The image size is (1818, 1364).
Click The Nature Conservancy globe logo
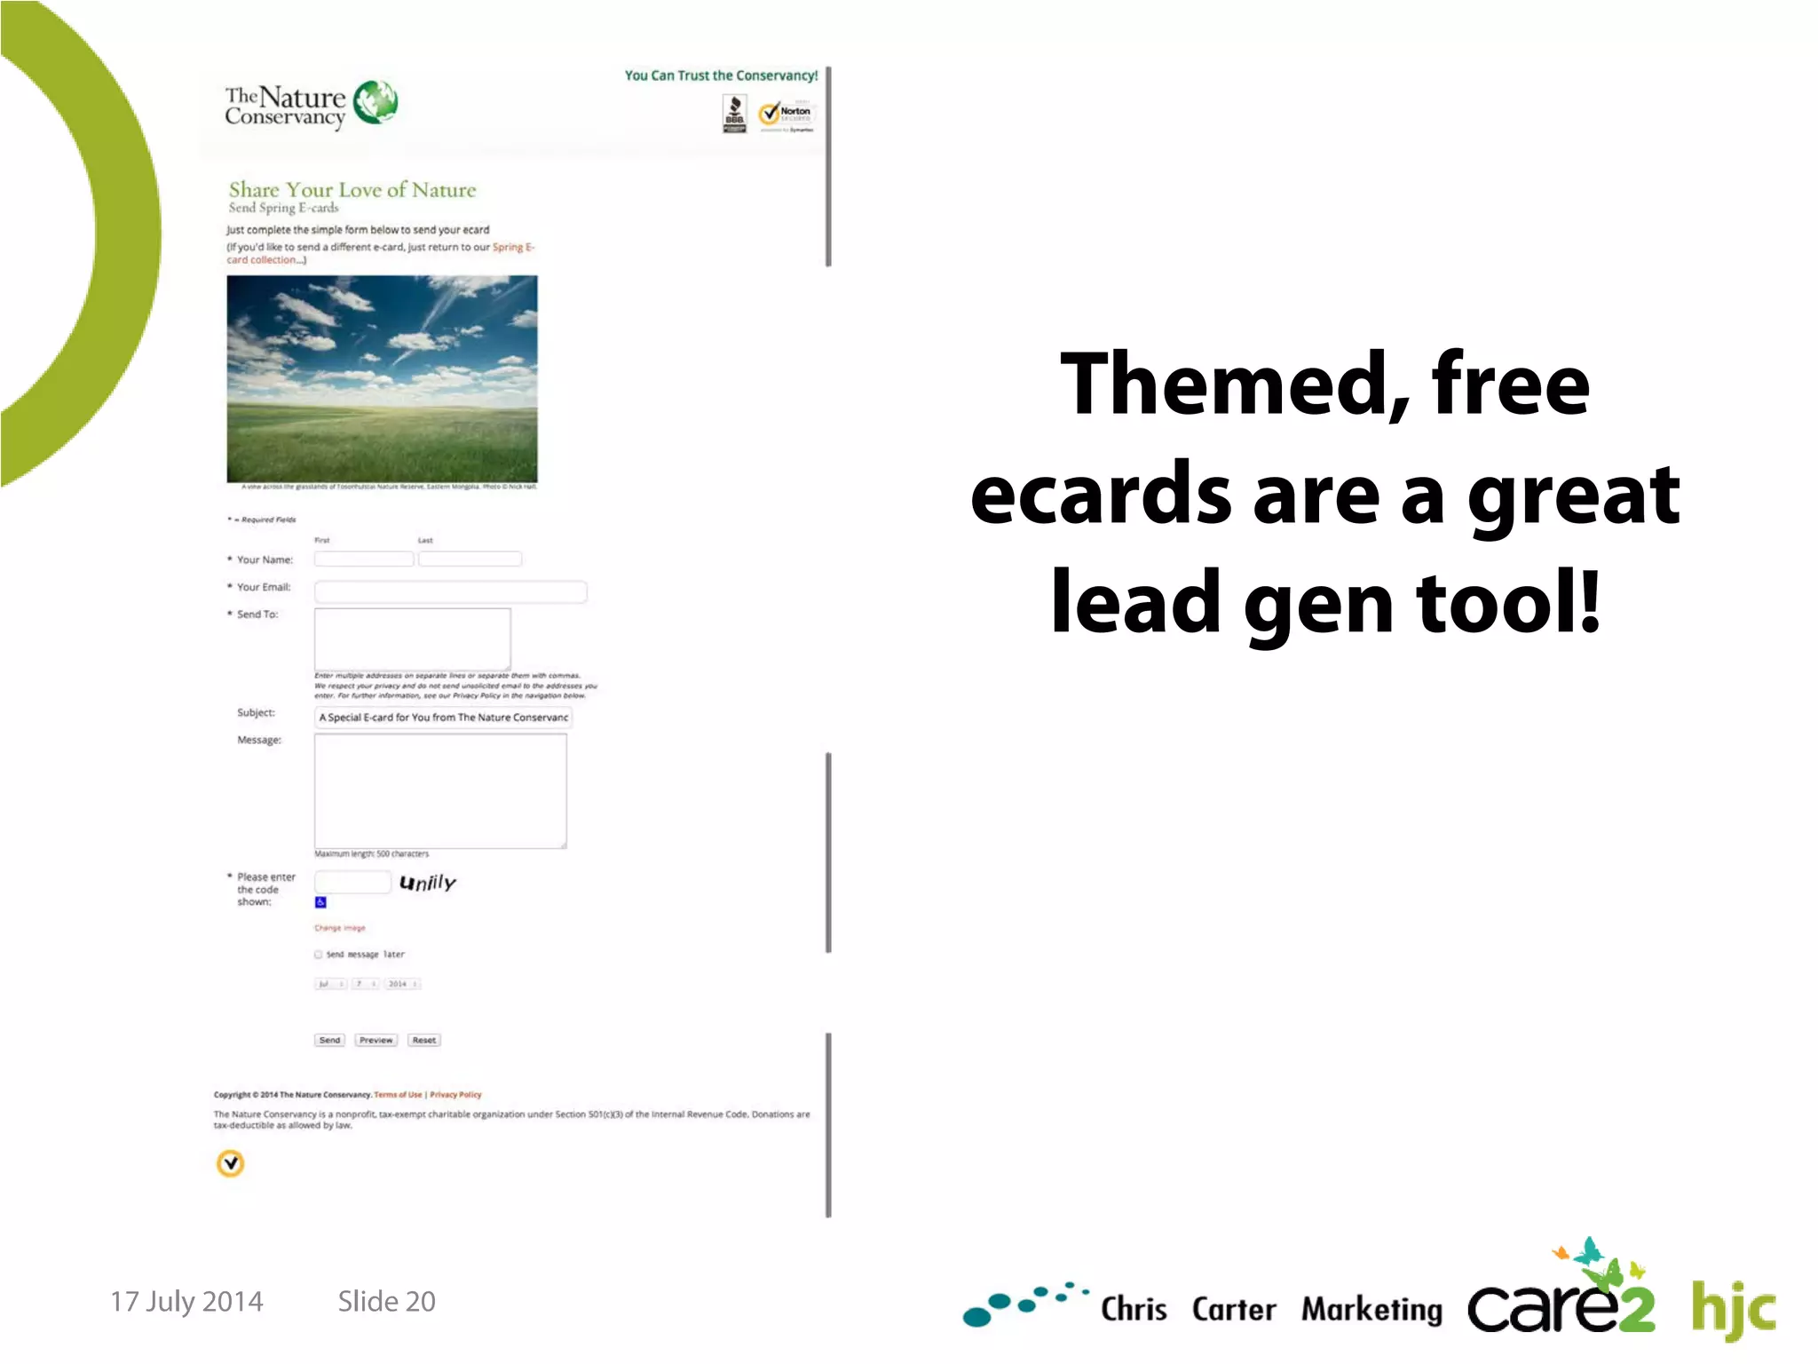click(x=375, y=102)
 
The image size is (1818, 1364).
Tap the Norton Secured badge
click(x=786, y=115)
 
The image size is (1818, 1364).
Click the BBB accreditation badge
click(x=734, y=115)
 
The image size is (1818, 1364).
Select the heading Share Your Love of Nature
click(x=352, y=190)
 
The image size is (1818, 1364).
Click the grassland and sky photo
click(x=382, y=378)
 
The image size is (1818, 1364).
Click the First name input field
click(x=363, y=559)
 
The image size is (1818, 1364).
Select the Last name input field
click(x=470, y=559)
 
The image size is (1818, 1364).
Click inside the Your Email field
click(x=450, y=591)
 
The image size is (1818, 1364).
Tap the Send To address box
click(x=412, y=638)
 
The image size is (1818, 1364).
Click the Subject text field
click(x=442, y=718)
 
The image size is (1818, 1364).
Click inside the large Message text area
click(x=440, y=790)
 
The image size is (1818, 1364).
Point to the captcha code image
click(x=427, y=883)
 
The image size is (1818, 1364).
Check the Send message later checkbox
click(x=319, y=955)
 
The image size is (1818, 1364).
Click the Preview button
click(x=375, y=1040)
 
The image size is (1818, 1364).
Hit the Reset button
click(x=423, y=1040)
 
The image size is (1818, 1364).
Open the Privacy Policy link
click(x=455, y=1095)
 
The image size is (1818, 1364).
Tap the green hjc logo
click(x=1732, y=1309)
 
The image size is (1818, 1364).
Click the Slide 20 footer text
click(x=386, y=1301)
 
